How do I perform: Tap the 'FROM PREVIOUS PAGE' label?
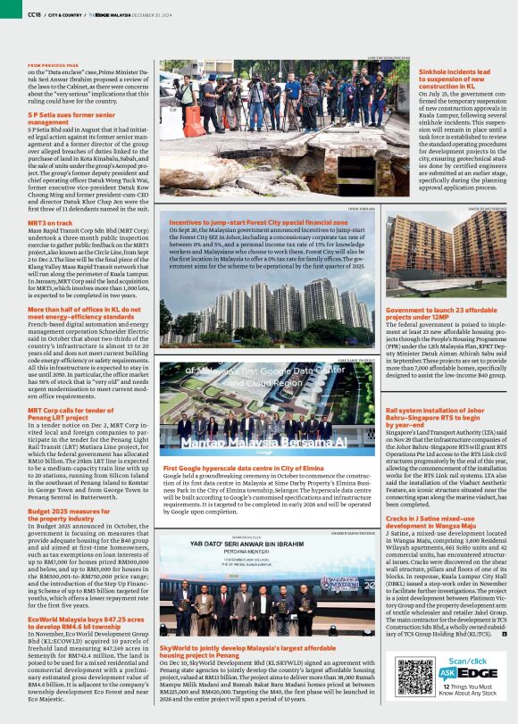pyautogui.click(x=54, y=65)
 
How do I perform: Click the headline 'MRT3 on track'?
pyautogui.click(x=50, y=221)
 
